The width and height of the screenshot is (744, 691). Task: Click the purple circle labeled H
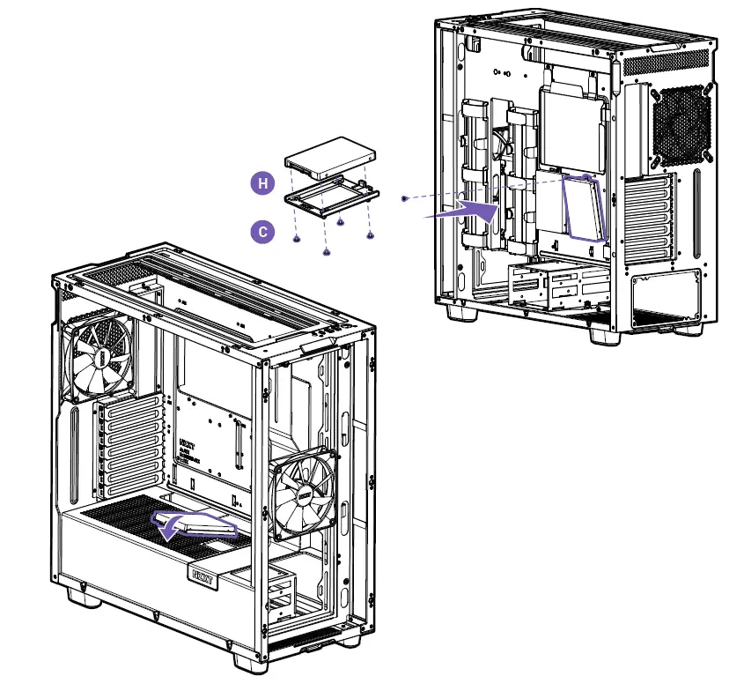(x=262, y=183)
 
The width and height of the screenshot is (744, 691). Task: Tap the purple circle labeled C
(x=262, y=232)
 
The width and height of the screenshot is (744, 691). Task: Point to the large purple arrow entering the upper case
(x=461, y=211)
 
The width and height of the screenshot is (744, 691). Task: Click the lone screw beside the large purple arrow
(x=404, y=199)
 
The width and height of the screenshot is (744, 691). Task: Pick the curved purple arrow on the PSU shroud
(x=172, y=529)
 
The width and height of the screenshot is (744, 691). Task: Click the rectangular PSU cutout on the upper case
(x=666, y=297)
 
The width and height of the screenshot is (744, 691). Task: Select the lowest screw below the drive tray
(x=327, y=253)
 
